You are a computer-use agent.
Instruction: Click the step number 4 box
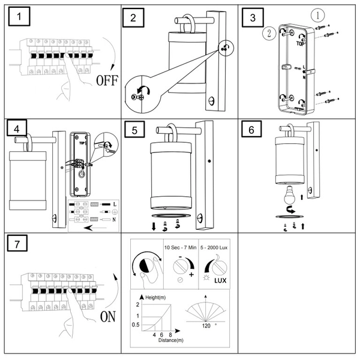pyautogui.click(x=20, y=129)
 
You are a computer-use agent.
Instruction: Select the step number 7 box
pyautogui.click(x=20, y=244)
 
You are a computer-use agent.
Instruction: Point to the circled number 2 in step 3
pyautogui.click(x=270, y=33)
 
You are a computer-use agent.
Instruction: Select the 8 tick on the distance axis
pyautogui.click(x=171, y=334)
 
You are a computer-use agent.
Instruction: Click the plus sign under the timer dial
pyautogui.click(x=191, y=274)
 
